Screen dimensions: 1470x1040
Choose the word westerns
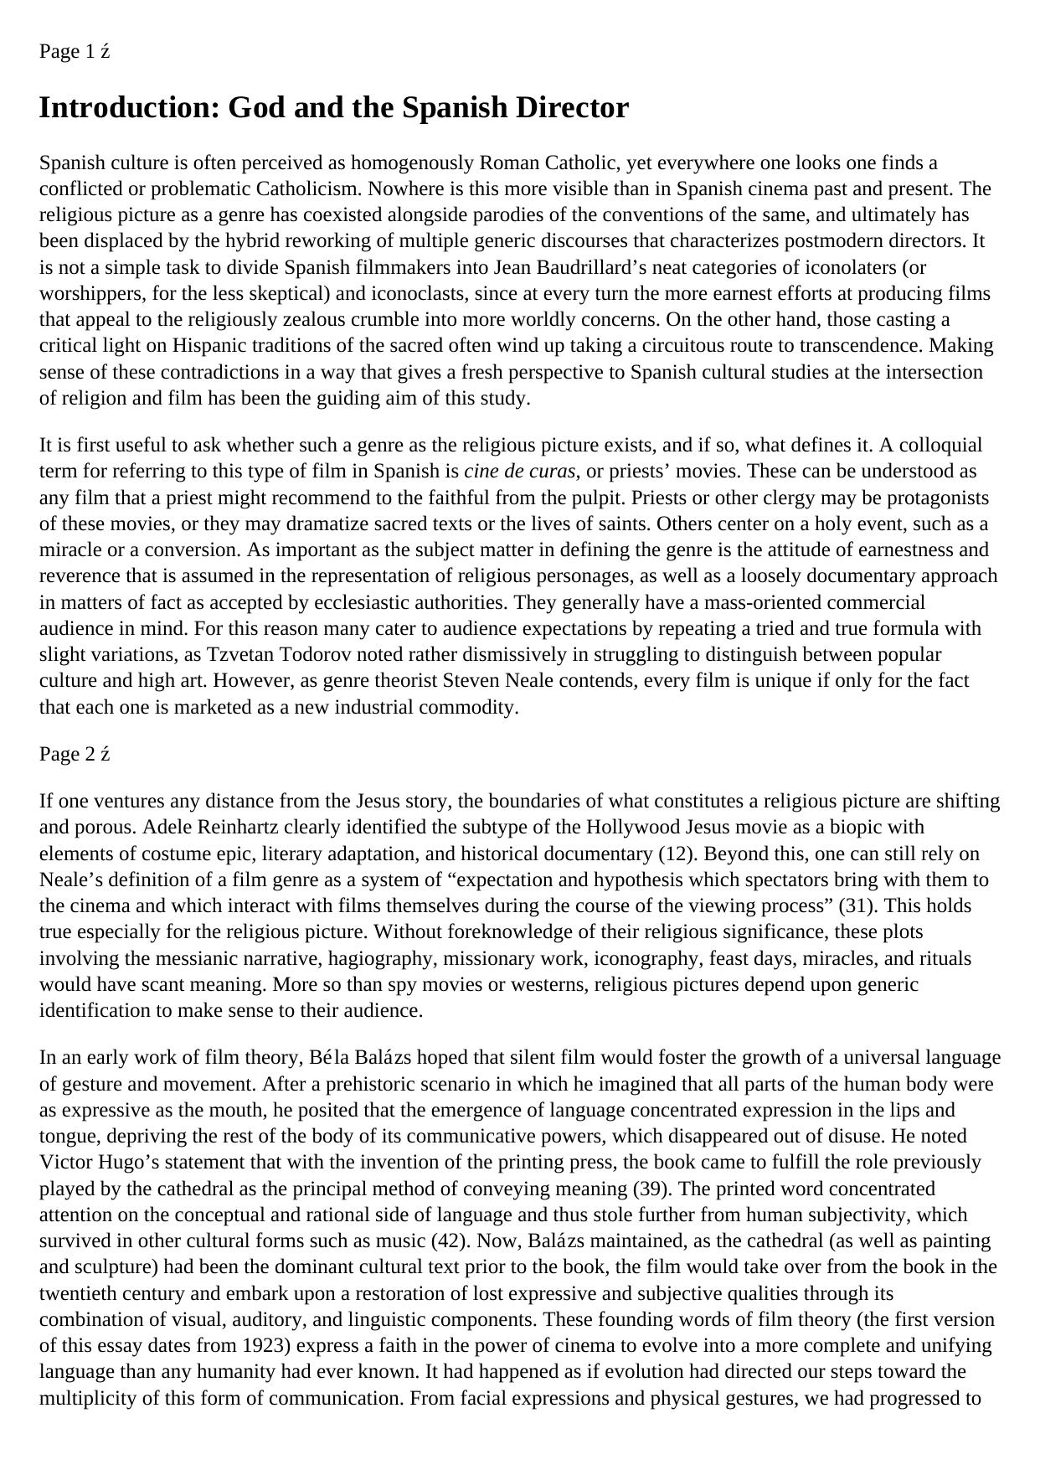point(551,984)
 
